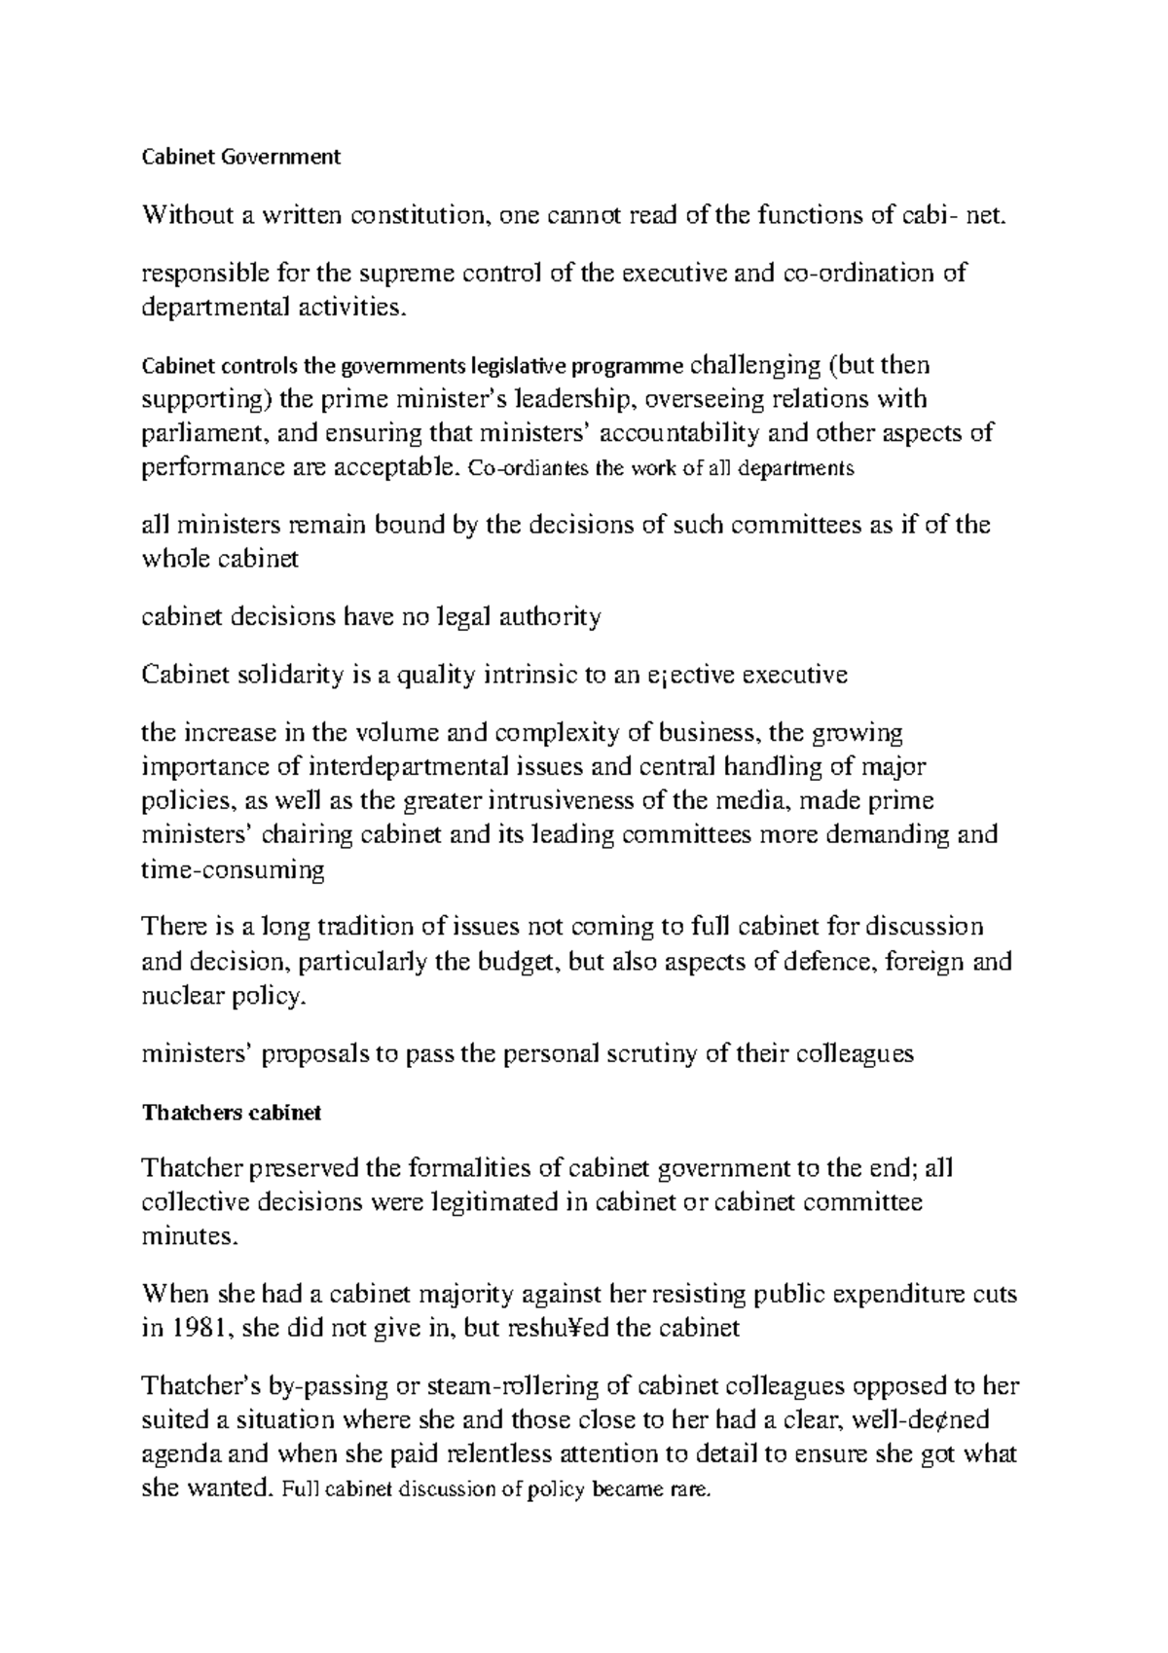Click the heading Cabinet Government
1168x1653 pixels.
[x=241, y=157]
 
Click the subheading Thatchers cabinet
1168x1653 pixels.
[x=231, y=1113]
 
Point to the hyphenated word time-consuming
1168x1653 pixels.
[x=233, y=870]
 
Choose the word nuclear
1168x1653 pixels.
[x=184, y=996]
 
